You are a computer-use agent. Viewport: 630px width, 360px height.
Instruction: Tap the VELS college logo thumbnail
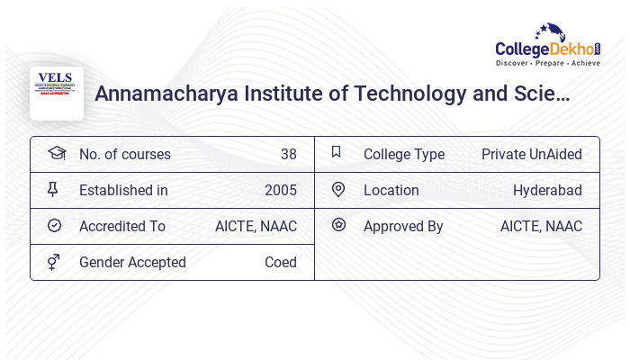[57, 93]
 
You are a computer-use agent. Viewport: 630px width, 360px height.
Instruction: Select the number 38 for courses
[288, 154]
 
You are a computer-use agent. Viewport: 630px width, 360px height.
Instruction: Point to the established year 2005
[280, 190]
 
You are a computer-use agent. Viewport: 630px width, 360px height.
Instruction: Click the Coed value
[280, 262]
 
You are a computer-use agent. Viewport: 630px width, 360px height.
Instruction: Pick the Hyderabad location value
[547, 190]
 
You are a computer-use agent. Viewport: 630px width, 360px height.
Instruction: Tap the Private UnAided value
[531, 154]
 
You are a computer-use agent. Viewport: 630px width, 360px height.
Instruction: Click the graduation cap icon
[57, 153]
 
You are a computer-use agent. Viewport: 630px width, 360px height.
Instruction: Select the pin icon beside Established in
[53, 189]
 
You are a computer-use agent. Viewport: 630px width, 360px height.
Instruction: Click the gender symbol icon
[54, 262]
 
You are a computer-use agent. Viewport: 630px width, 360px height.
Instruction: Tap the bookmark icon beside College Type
[337, 152]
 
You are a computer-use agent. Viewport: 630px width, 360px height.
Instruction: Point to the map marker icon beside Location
[338, 189]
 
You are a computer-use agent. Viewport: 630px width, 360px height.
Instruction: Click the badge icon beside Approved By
[338, 225]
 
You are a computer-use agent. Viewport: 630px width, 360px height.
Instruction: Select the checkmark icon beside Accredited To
[54, 226]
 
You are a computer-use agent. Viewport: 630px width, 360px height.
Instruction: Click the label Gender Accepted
[132, 262]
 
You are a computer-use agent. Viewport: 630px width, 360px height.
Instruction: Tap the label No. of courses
[124, 154]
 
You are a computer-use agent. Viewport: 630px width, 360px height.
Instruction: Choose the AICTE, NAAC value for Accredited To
[256, 226]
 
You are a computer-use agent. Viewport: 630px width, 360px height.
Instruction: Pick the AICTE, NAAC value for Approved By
[541, 226]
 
